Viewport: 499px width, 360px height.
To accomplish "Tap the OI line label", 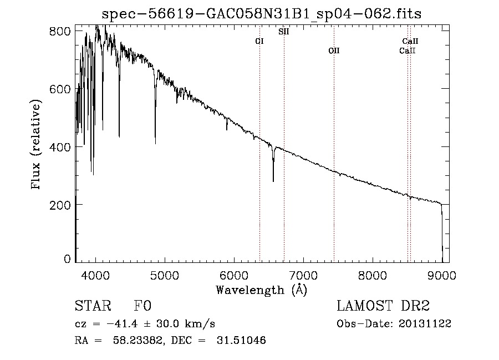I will tap(259, 41).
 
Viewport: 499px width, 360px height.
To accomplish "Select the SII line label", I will tap(284, 32).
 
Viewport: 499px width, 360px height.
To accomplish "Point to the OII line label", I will tap(334, 51).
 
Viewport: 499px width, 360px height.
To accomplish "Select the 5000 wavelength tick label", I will tap(165, 275).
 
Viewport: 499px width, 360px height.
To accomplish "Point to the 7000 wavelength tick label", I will tap(303, 275).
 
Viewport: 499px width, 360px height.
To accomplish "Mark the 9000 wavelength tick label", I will tap(442, 275).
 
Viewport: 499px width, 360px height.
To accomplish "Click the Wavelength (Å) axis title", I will tap(262, 290).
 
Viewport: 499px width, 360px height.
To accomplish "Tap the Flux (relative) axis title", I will tap(37, 145).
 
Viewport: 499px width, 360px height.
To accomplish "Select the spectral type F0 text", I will tap(142, 306).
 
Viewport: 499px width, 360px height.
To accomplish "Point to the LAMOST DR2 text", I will tap(383, 306).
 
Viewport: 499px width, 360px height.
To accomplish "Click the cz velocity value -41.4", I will tap(123, 324).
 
